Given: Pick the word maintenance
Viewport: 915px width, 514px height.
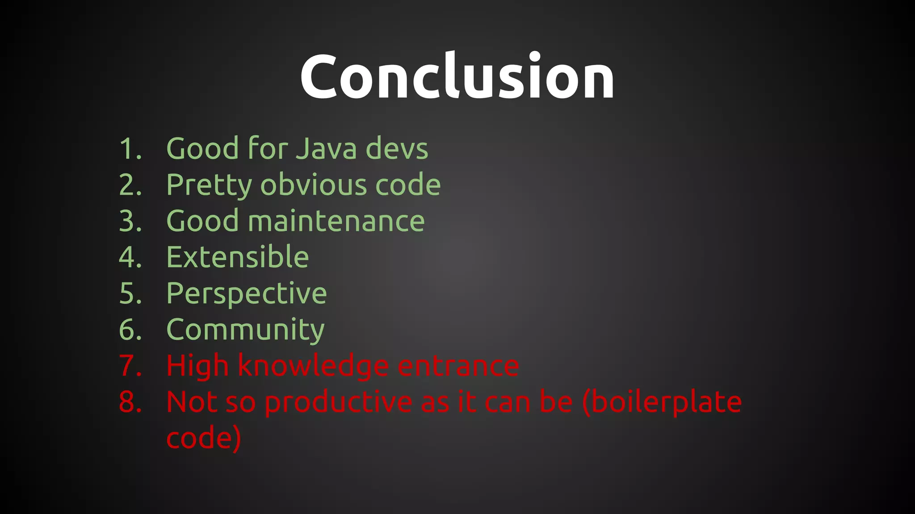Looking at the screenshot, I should click(336, 221).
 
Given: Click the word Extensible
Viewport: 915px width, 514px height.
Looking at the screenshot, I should click(237, 257).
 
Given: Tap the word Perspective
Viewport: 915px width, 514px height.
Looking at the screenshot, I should click(246, 294).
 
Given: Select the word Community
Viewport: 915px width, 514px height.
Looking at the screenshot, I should click(245, 330).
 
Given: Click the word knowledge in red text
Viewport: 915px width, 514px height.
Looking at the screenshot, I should click(313, 366).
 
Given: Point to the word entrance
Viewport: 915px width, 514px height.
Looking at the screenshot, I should click(458, 366).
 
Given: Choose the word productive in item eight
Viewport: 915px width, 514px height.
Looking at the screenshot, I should click(338, 402).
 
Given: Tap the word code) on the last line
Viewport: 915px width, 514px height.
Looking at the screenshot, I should click(204, 438).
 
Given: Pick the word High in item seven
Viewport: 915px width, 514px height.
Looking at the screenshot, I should click(197, 366).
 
